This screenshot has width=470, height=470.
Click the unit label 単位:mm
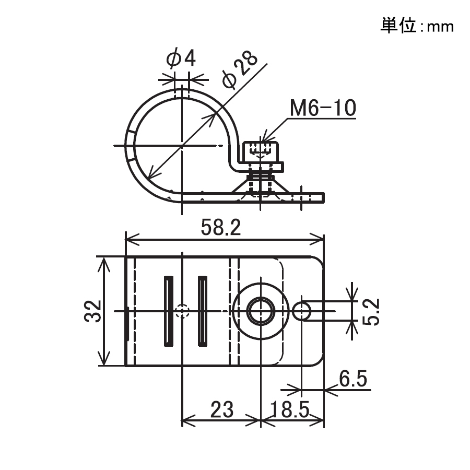coord(416,26)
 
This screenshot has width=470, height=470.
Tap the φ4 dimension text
coord(181,58)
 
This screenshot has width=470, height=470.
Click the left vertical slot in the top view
coord(167,311)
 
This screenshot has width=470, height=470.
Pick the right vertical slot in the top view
coord(202,311)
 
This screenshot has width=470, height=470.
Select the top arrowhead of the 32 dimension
coord(106,262)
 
